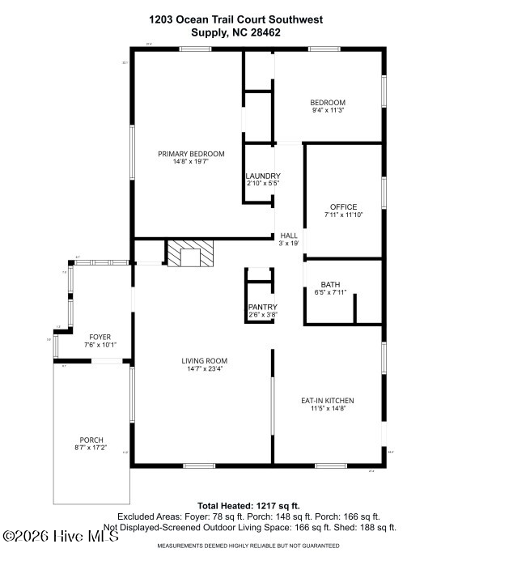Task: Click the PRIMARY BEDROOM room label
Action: coord(191,154)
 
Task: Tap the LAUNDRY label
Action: coord(263,176)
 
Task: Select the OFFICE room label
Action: coord(343,207)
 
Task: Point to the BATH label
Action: coord(330,284)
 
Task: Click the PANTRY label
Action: coord(262,307)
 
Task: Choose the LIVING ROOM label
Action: coord(204,361)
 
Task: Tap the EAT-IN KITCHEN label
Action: coord(328,401)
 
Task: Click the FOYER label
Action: coord(100,337)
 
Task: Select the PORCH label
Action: coord(91,440)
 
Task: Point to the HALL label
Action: coord(289,236)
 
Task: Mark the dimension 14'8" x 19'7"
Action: coord(191,162)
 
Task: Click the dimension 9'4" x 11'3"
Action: coord(328,111)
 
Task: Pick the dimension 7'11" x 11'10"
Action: coord(343,215)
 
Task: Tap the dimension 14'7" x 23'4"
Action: coord(204,369)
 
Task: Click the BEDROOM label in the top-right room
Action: coord(328,102)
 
